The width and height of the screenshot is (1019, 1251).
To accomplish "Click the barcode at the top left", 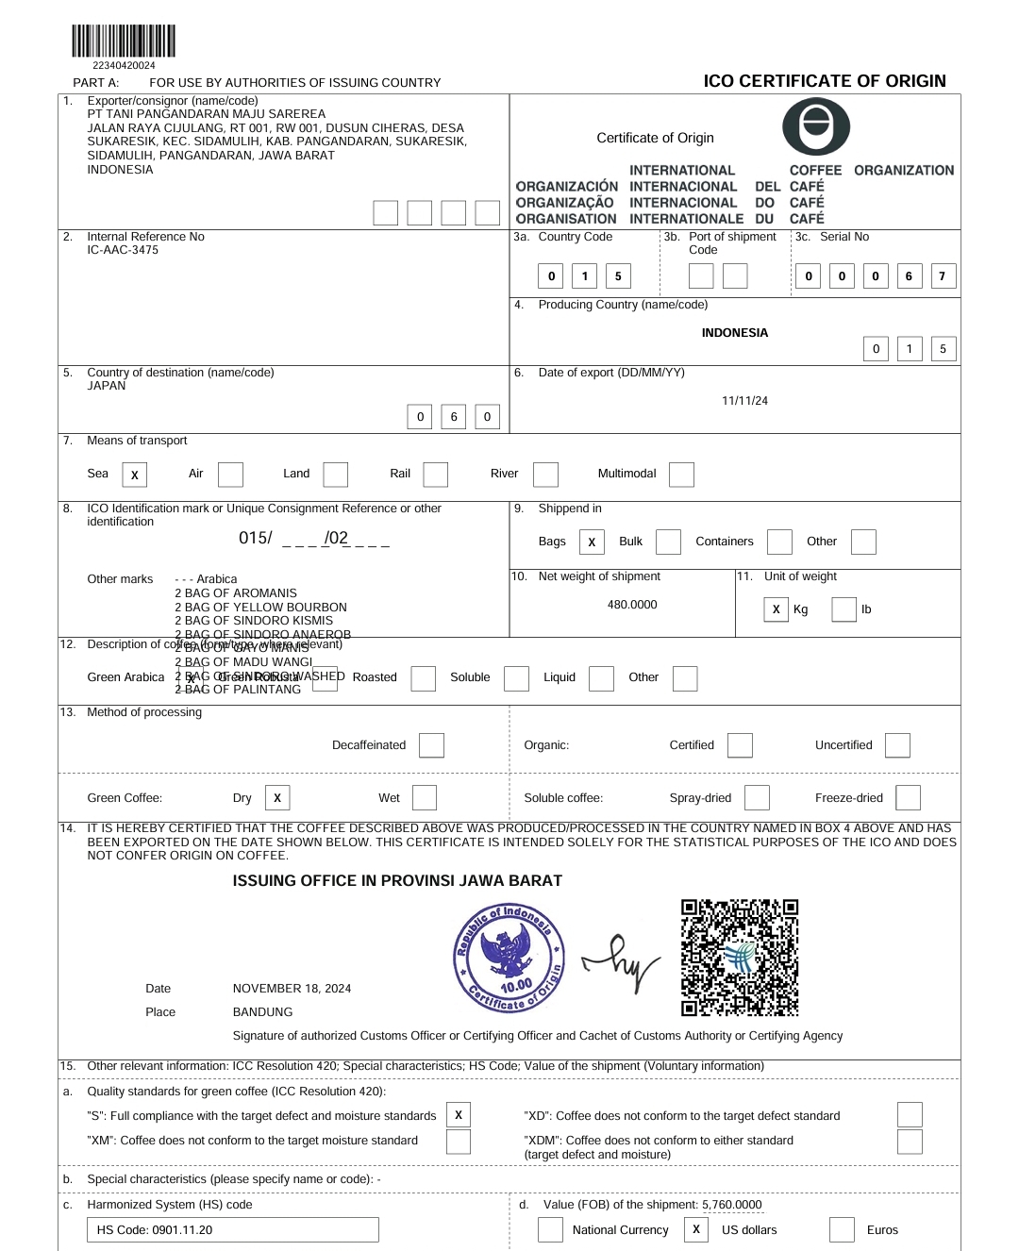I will pyautogui.click(x=124, y=42).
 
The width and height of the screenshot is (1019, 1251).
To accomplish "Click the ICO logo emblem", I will pyautogui.click(x=816, y=126).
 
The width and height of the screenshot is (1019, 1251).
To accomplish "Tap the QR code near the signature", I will pyautogui.click(x=740, y=958).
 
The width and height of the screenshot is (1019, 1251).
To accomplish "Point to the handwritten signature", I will pyautogui.click(x=622, y=962).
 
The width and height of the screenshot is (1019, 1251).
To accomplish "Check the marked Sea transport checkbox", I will pyautogui.click(x=135, y=475).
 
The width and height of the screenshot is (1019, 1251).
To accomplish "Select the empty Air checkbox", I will pyautogui.click(x=230, y=474).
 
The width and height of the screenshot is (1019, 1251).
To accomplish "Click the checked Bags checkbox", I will pyautogui.click(x=592, y=542).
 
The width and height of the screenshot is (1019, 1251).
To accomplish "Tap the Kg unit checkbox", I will pyautogui.click(x=776, y=609).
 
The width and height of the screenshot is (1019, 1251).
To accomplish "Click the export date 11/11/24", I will pyautogui.click(x=744, y=401).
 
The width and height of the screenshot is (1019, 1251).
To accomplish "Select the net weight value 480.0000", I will pyautogui.click(x=632, y=605).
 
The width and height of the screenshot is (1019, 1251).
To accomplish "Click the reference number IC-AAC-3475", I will pyautogui.click(x=123, y=250).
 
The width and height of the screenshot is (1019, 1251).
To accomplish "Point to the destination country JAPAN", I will pyautogui.click(x=107, y=386).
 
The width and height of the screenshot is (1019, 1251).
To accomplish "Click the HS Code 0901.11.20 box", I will pyautogui.click(x=232, y=1229).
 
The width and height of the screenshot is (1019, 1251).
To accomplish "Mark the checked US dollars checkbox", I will pyautogui.click(x=696, y=1229).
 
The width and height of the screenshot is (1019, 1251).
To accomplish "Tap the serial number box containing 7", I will pyautogui.click(x=942, y=276).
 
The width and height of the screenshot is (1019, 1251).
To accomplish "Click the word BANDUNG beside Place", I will pyautogui.click(x=262, y=1012).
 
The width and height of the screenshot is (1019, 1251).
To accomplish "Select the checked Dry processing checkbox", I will pyautogui.click(x=277, y=797).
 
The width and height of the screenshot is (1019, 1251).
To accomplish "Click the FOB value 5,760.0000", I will pyautogui.click(x=731, y=1205).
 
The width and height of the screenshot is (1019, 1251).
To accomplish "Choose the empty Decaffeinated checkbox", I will pyautogui.click(x=431, y=745).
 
